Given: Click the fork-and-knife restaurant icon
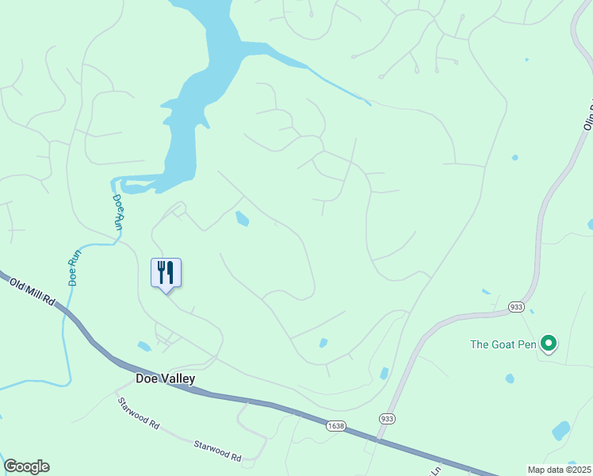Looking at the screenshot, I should (166, 272).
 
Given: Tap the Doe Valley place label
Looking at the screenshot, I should (165, 379).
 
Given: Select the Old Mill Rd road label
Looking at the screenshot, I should (32, 291).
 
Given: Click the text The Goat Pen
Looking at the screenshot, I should (503, 344).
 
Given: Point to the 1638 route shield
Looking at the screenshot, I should (335, 426).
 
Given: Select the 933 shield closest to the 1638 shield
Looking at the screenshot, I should (387, 418).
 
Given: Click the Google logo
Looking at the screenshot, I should (26, 466).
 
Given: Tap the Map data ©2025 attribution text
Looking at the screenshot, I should (560, 470).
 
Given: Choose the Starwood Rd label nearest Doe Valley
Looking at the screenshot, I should (139, 413).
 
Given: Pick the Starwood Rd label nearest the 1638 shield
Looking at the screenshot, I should (217, 450).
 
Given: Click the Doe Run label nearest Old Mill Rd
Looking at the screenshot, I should (75, 268).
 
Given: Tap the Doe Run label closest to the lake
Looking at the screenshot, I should (117, 212).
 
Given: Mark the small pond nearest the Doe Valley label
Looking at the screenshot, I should (143, 346).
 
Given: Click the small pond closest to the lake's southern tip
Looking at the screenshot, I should (242, 218).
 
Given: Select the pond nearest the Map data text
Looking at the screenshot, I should (560, 431).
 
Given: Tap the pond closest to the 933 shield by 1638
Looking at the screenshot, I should (384, 373).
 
